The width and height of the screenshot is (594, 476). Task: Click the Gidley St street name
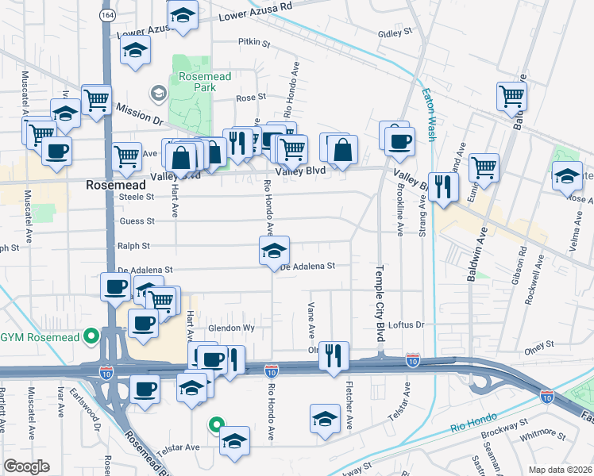click(395, 33)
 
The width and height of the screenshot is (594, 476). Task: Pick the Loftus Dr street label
click(410, 324)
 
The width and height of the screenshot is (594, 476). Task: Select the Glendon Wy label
click(230, 328)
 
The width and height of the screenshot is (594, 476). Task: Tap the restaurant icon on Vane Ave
click(334, 355)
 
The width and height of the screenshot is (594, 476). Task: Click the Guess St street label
click(137, 221)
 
